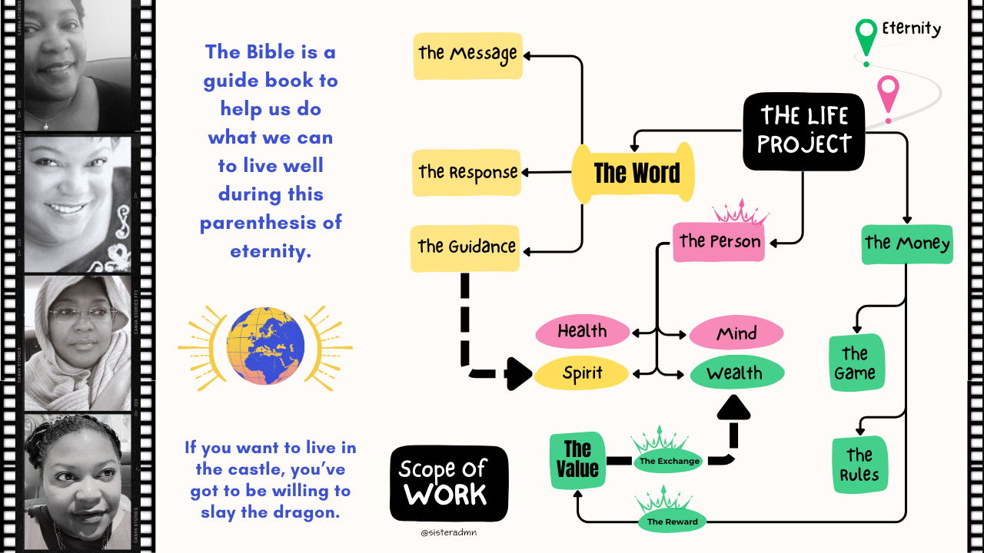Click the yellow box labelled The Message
[467, 55]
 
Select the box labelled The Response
[467, 172]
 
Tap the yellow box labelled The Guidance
[466, 248]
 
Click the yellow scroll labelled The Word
[635, 173]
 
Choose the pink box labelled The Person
[719, 241]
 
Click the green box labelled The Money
[907, 244]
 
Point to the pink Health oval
[583, 332]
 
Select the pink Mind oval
[736, 334]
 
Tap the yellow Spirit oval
[582, 374]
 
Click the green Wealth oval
[736, 374]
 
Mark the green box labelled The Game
[856, 363]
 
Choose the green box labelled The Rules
[859, 465]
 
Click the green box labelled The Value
[577, 460]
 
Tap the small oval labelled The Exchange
[669, 461]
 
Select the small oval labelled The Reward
[672, 522]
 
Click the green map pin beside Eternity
[866, 35]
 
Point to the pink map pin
[889, 97]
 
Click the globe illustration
[265, 346]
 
